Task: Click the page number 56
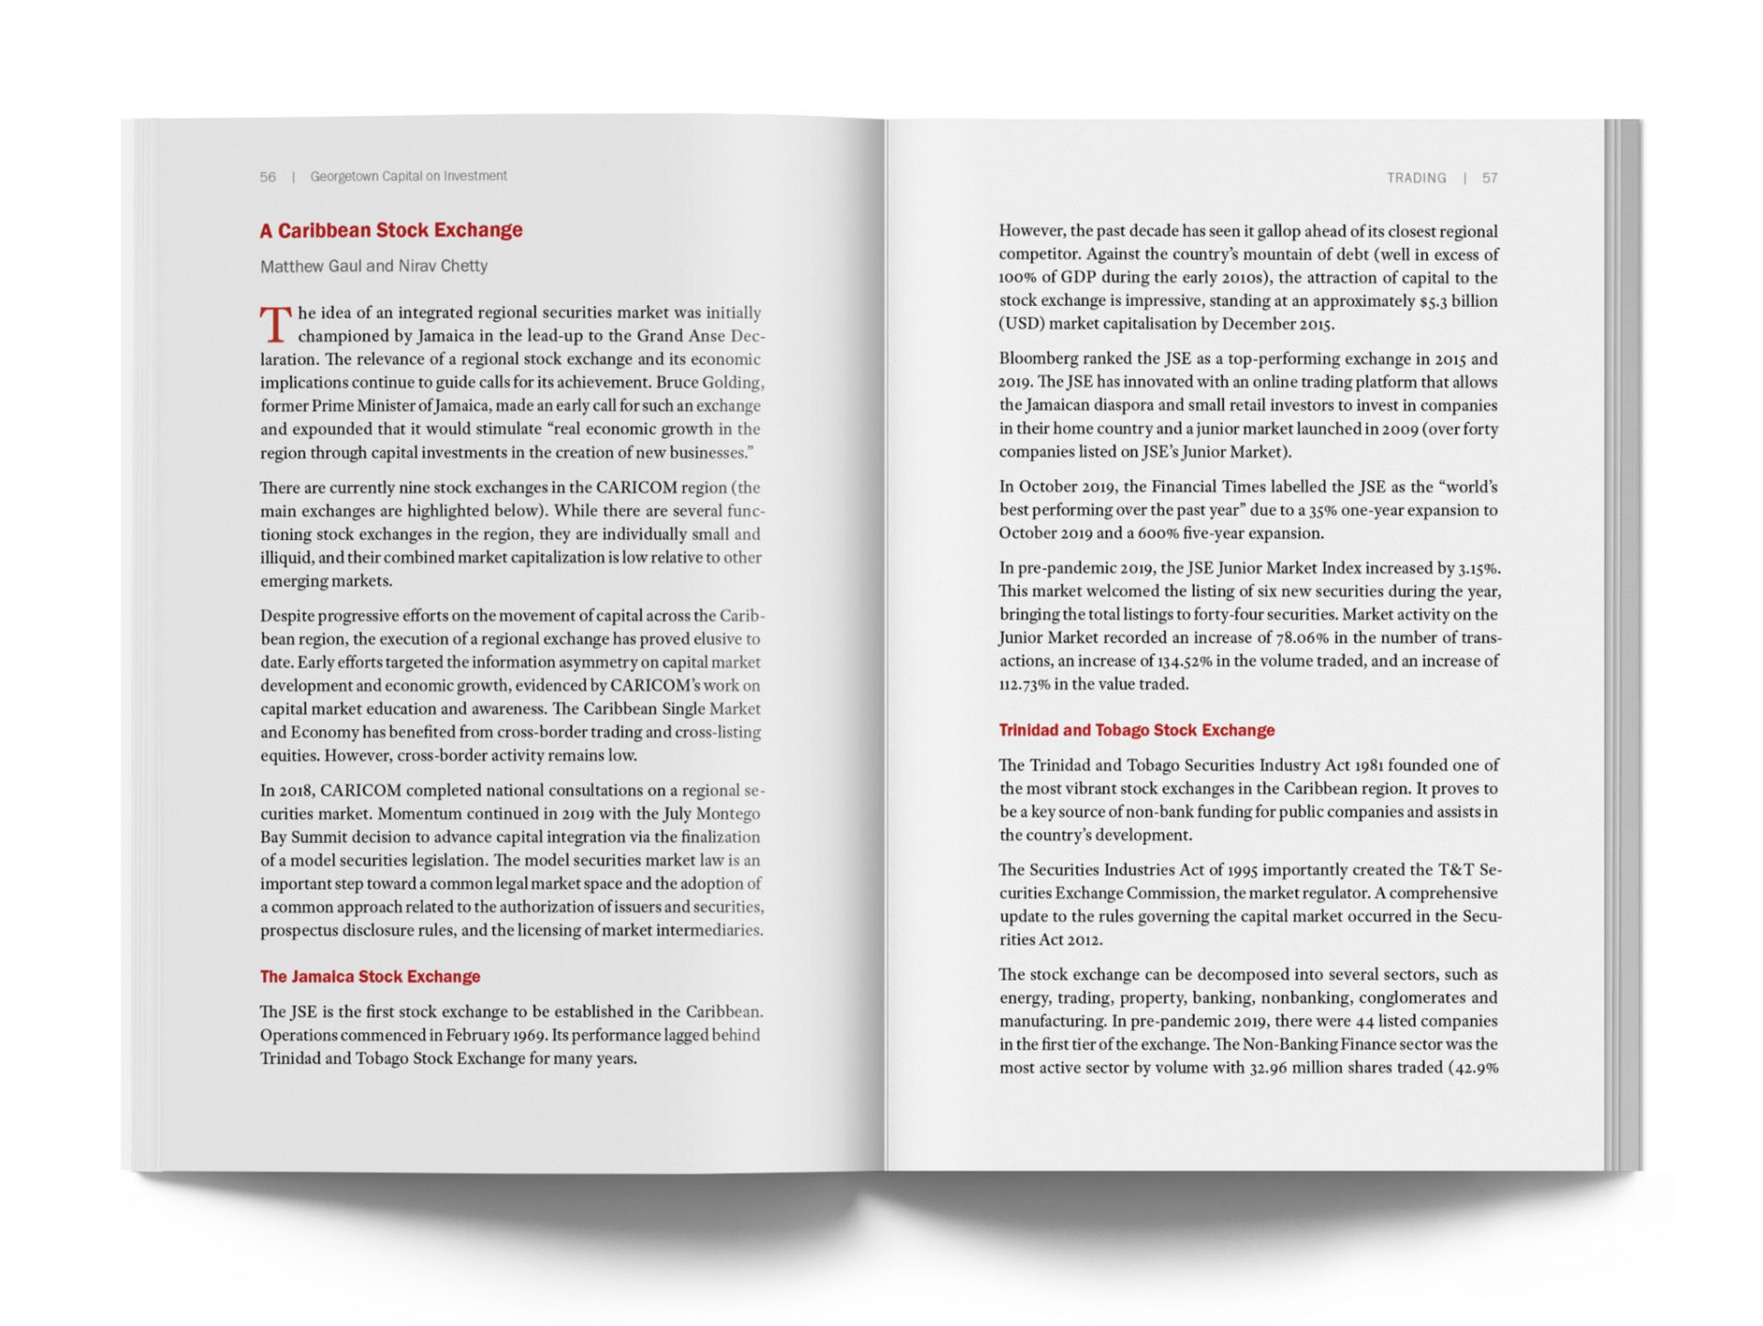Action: pyautogui.click(x=267, y=176)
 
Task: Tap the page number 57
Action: pyautogui.click(x=1489, y=178)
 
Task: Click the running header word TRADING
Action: pyautogui.click(x=1416, y=178)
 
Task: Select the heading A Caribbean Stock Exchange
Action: pyautogui.click(x=391, y=230)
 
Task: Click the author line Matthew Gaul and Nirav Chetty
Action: pyautogui.click(x=374, y=266)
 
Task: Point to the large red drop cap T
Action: pyautogui.click(x=275, y=325)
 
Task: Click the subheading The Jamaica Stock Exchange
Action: pyautogui.click(x=370, y=977)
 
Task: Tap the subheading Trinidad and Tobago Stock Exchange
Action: pyautogui.click(x=1137, y=731)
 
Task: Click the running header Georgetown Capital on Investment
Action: pyautogui.click(x=409, y=176)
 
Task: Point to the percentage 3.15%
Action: pyautogui.click(x=1479, y=568)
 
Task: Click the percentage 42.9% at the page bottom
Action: pyautogui.click(x=1477, y=1068)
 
